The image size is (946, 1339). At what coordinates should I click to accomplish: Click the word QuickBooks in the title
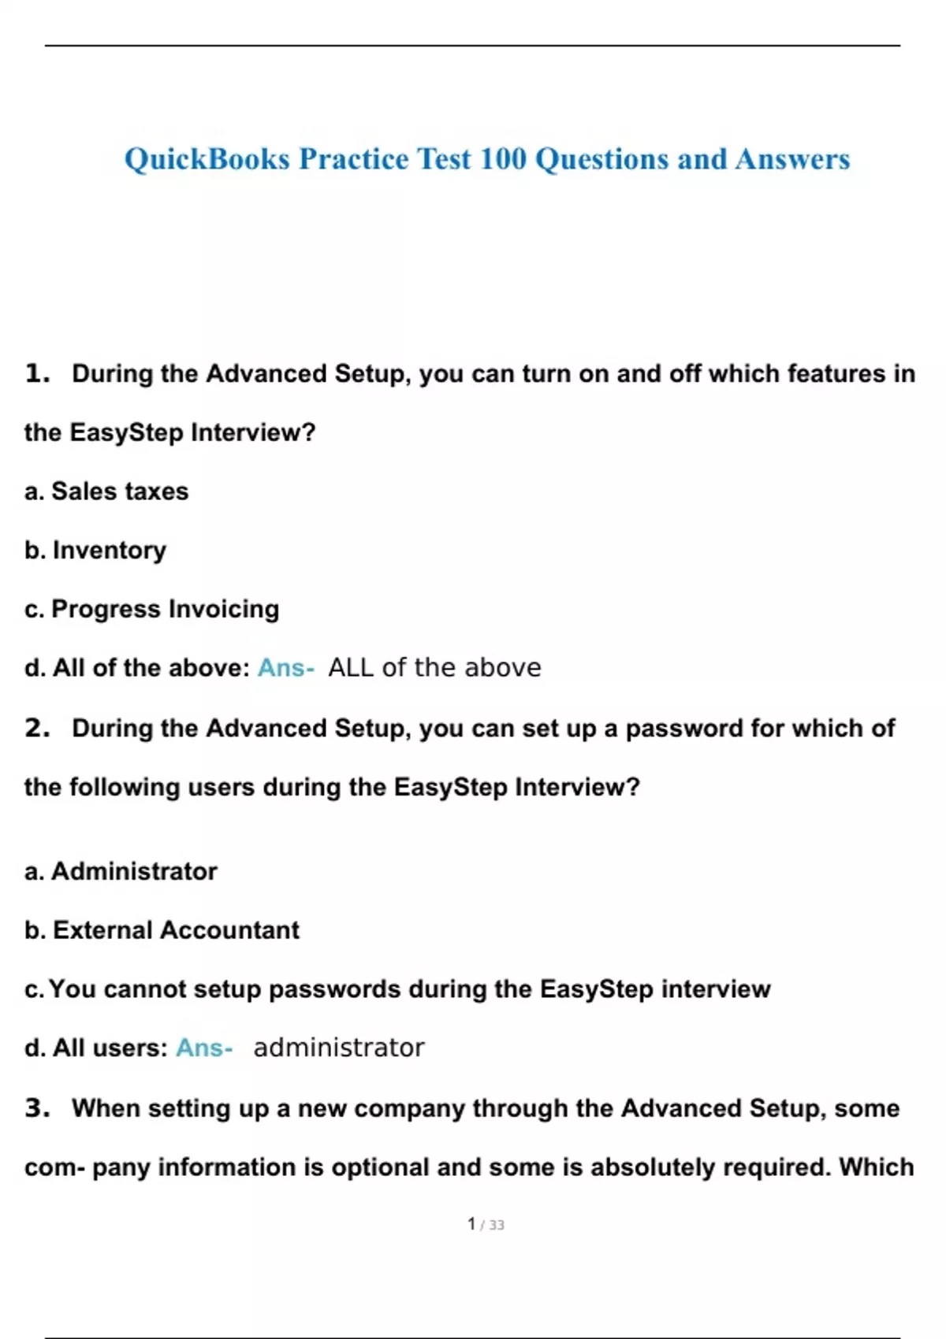207,159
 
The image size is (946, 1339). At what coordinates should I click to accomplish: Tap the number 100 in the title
502,159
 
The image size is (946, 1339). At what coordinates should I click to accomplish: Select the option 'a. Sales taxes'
106,491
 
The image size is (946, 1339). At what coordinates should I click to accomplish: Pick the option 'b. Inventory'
95,550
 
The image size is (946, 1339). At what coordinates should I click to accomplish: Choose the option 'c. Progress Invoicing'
151,609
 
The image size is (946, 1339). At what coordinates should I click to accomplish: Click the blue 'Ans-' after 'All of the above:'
285,668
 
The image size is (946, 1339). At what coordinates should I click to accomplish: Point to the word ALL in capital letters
351,668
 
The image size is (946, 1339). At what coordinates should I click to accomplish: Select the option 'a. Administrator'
121,871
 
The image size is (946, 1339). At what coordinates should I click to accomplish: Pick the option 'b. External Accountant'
162,930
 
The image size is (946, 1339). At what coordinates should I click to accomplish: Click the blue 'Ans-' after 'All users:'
204,1048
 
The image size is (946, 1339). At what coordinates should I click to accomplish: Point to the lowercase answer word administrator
338,1048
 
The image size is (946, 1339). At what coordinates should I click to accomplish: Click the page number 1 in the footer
471,1224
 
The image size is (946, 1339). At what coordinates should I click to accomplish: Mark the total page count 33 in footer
497,1225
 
